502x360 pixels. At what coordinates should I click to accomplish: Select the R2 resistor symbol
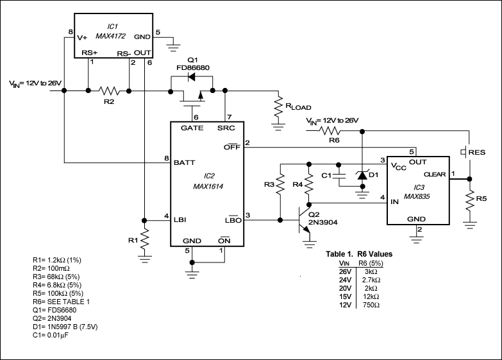coord(108,90)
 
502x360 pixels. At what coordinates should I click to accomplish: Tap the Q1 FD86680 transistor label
coord(197,63)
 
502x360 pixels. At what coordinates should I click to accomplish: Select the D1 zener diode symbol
coord(361,174)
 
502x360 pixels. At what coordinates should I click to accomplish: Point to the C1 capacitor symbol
coord(340,174)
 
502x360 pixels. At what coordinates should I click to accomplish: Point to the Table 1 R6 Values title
coord(360,253)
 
